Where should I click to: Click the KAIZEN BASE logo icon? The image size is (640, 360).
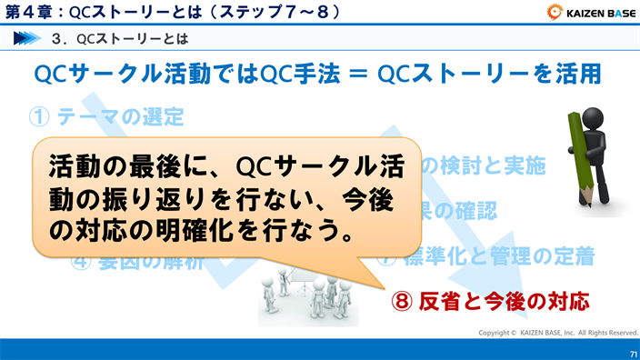tap(555, 12)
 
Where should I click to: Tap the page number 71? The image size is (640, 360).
tap(628, 352)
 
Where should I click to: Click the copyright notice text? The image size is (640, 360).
tap(559, 333)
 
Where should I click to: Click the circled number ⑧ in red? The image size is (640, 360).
tap(403, 299)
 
